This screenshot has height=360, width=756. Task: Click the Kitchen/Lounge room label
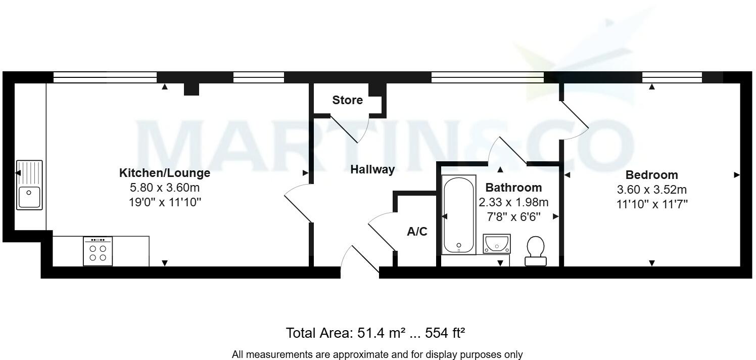tap(164, 173)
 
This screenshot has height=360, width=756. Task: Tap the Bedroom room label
tap(651, 175)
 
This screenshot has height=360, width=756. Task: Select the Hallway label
tap(372, 170)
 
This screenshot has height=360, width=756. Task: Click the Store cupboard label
tap(347, 100)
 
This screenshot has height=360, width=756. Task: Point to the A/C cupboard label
tap(417, 232)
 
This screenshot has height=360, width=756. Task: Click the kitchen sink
tap(29, 185)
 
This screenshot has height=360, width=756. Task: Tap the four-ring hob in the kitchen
tap(98, 251)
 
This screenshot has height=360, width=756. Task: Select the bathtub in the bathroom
tap(459, 215)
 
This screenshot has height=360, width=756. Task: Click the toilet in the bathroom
tap(535, 251)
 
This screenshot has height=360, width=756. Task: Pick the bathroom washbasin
tap(497, 244)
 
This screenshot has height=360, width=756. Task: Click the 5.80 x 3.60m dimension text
tap(164, 188)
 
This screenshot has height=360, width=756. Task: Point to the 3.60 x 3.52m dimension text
tap(651, 190)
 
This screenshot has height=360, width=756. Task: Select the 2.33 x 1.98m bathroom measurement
tap(513, 202)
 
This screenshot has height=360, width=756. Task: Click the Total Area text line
tap(375, 333)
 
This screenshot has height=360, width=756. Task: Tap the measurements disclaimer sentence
tap(377, 354)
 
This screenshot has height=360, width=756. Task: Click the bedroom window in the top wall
tap(672, 77)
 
